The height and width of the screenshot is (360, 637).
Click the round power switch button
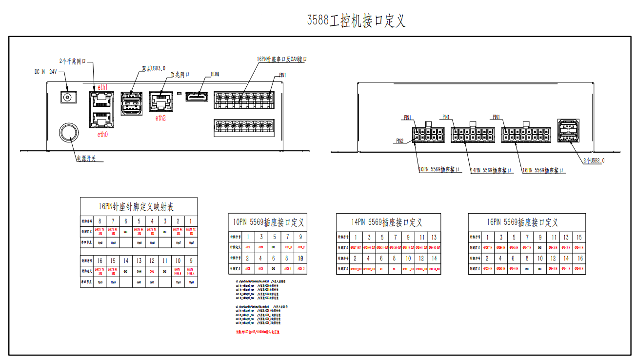click(x=69, y=132)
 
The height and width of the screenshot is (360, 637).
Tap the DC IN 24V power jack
click(x=67, y=97)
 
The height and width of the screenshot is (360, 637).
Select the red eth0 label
click(x=102, y=135)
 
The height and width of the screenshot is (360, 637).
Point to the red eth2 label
click(x=160, y=118)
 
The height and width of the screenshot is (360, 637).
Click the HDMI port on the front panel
click(x=197, y=97)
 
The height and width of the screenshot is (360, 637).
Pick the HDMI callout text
click(x=215, y=74)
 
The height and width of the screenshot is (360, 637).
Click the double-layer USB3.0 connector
click(x=131, y=103)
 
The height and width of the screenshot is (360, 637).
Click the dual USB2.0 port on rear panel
click(x=568, y=131)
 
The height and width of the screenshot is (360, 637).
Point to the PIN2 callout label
click(x=399, y=141)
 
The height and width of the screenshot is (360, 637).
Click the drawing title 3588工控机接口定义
click(x=356, y=21)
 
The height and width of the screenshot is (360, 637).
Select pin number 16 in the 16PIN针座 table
click(x=100, y=260)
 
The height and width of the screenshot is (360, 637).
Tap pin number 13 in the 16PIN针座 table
click(x=139, y=260)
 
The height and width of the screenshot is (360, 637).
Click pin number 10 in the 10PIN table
click(x=300, y=258)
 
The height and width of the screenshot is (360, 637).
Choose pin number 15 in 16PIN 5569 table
click(x=579, y=237)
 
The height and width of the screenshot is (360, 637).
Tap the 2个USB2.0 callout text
click(x=594, y=160)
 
